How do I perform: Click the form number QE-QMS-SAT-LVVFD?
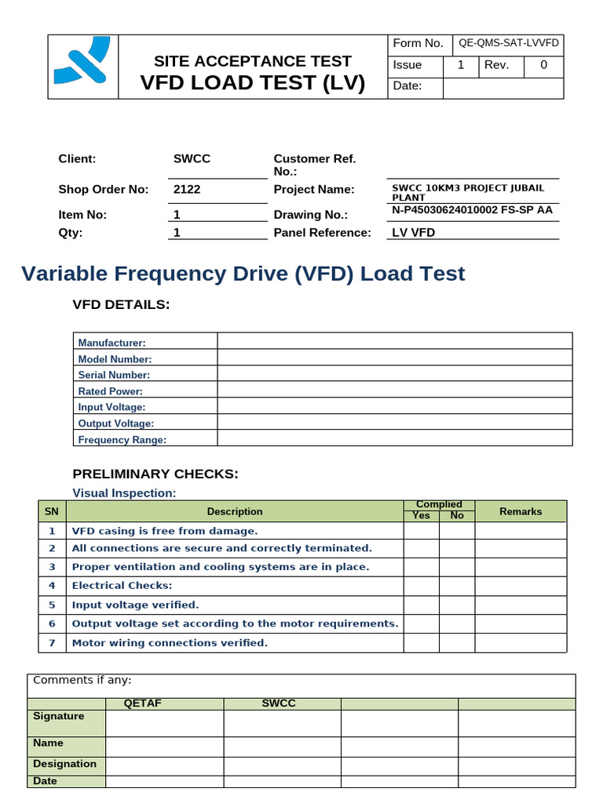click(509, 43)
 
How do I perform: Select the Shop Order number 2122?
click(187, 189)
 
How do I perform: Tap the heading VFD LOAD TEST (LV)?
click(252, 82)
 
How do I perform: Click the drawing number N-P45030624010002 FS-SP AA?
click(472, 210)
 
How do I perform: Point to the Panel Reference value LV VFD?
click(413, 232)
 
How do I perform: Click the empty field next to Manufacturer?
click(394, 341)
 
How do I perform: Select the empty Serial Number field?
click(394, 374)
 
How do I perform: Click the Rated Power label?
click(111, 391)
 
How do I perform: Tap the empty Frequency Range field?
click(394, 438)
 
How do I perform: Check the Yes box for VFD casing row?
click(421, 530)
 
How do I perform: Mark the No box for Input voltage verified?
click(457, 605)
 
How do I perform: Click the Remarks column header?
click(520, 511)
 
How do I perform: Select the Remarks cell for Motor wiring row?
click(520, 642)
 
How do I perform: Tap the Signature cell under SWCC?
click(282, 723)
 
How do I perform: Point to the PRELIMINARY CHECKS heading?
click(155, 474)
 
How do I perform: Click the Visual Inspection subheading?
click(124, 492)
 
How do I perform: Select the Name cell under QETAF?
click(164, 747)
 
